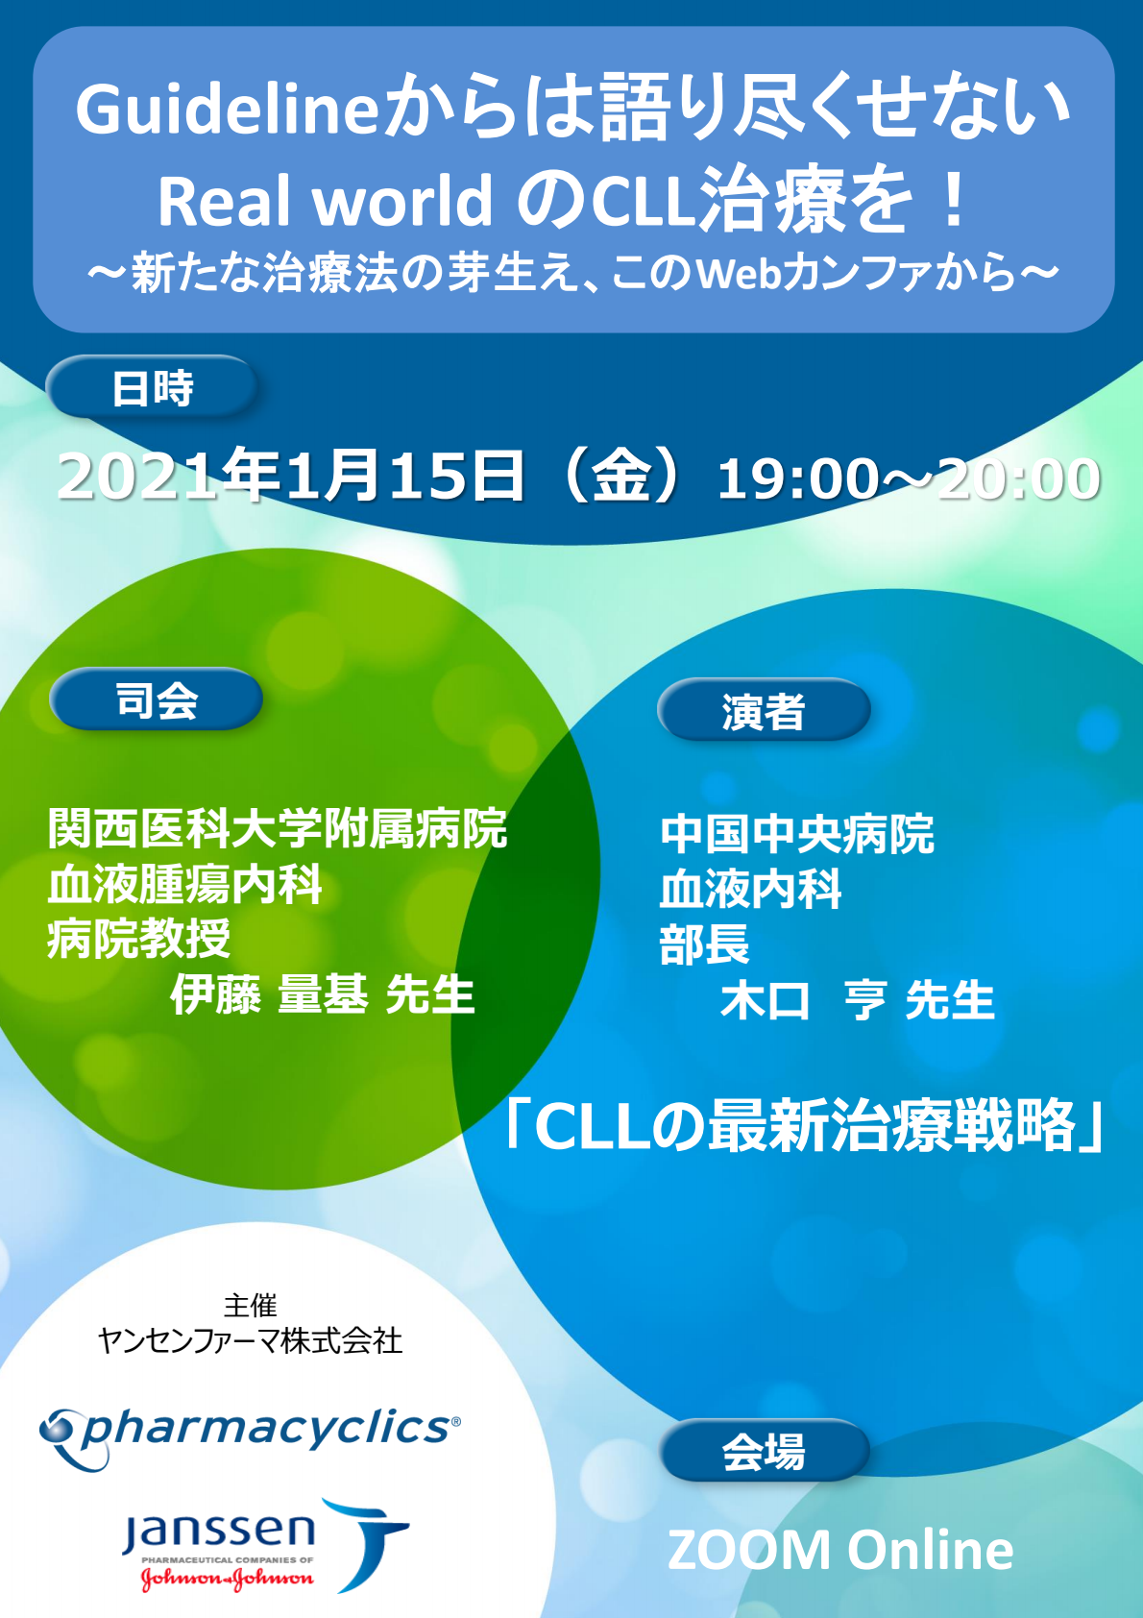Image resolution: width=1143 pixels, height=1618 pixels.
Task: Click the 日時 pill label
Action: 152,387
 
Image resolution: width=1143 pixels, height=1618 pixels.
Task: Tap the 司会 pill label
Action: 156,699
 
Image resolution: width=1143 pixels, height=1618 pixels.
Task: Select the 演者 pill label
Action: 764,710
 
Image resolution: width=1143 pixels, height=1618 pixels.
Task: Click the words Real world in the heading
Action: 325,201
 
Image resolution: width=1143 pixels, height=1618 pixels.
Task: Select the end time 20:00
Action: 1019,479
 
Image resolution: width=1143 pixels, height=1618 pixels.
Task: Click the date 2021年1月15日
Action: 290,476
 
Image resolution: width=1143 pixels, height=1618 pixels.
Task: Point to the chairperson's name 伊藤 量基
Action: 269,994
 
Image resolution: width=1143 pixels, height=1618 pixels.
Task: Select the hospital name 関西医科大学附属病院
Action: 278,828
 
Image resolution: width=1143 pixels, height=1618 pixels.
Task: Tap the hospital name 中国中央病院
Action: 797,834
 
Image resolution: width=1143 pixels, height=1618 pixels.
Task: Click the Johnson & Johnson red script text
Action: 227,1579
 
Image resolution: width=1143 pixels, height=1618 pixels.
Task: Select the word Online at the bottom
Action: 930,1550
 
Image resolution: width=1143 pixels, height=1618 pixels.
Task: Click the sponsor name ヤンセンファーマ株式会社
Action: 250,1340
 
